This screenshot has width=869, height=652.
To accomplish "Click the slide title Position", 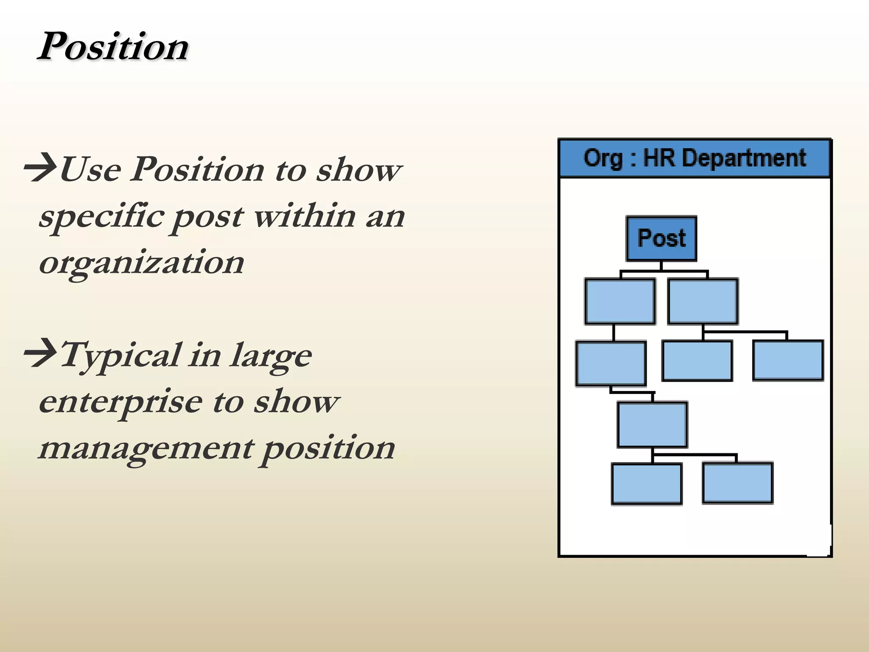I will (113, 46).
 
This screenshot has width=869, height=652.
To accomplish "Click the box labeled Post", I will (661, 239).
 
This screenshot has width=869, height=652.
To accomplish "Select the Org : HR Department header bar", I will (695, 158).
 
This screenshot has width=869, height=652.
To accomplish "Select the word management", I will (146, 448).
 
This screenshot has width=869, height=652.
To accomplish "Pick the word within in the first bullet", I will (305, 216).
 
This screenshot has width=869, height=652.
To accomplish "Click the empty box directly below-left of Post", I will (620, 302).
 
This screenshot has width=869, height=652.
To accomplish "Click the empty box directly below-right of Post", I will (703, 302).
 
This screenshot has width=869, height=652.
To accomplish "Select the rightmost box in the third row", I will (788, 360).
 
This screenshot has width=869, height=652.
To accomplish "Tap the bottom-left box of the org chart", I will (647, 484).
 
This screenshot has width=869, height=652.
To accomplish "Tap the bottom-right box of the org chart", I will (737, 483).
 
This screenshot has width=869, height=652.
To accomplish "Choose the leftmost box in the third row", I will (611, 364).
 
